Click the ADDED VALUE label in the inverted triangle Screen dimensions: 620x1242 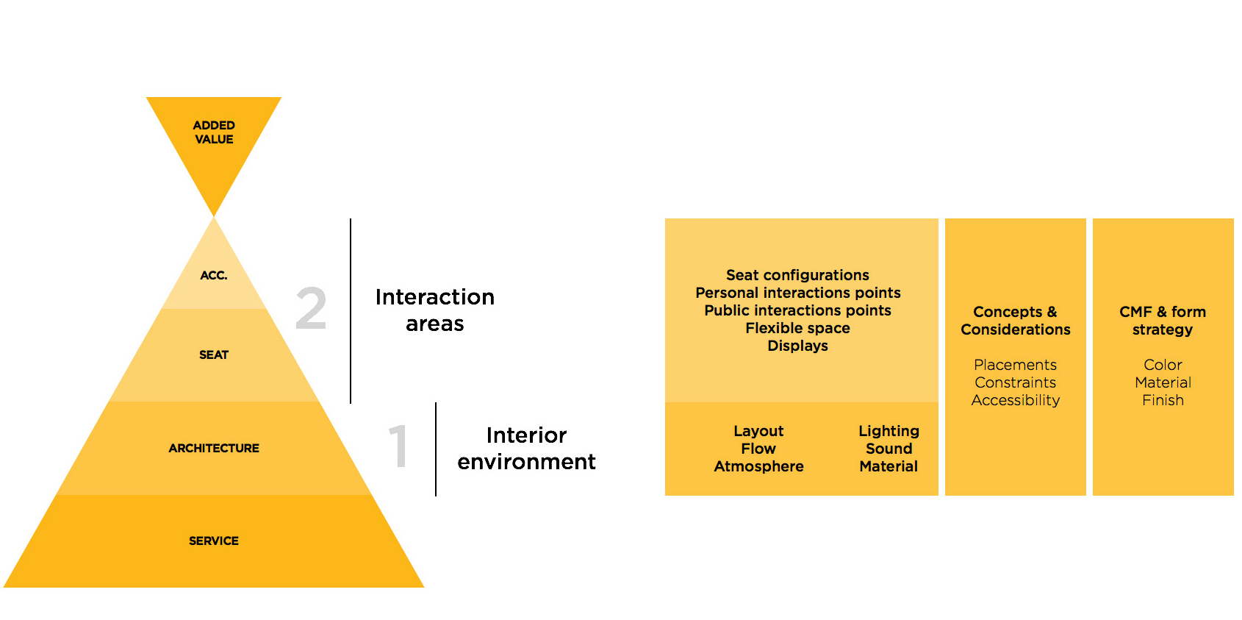[214, 132]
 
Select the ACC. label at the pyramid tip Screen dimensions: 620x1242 [214, 276]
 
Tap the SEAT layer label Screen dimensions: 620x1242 [214, 355]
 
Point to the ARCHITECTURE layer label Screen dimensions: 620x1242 [214, 449]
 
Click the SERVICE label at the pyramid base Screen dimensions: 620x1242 [214, 541]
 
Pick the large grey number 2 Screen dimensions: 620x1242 [311, 309]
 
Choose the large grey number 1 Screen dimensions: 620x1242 [398, 446]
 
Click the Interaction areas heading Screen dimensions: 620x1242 [435, 310]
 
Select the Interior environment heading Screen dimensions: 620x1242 [526, 449]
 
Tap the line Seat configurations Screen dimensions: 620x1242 [797, 275]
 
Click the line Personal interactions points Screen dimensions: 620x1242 [797, 293]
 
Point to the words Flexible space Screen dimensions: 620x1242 [797, 328]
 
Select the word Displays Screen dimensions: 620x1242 [797, 346]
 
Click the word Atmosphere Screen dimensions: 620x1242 [758, 466]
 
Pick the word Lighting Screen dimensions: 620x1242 [889, 431]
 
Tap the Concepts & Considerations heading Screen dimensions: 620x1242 [1015, 321]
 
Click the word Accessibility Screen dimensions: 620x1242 [1015, 400]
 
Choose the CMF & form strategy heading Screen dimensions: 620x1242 [1163, 321]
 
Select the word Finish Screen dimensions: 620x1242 [1163, 400]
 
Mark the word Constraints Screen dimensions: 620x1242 [1015, 382]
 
